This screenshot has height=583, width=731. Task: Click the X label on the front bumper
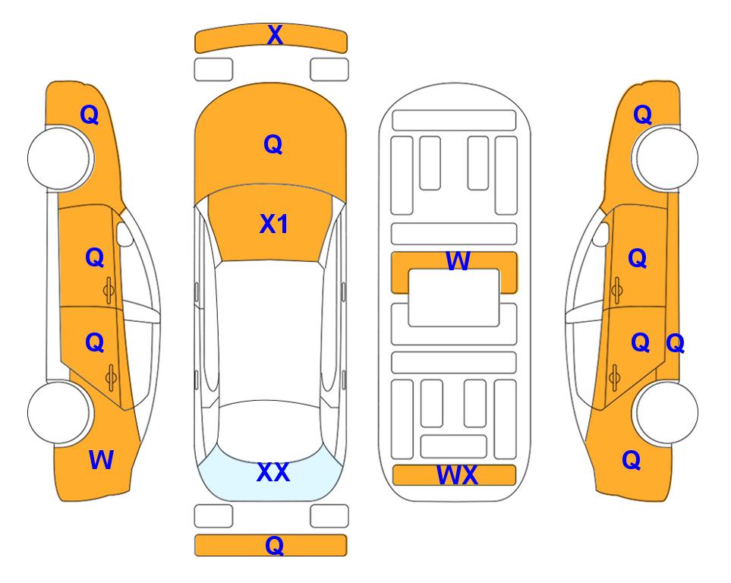(275, 35)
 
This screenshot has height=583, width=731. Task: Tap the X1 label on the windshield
(274, 224)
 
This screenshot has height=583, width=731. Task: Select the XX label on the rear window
(273, 472)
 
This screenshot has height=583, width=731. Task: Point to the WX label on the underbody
(457, 475)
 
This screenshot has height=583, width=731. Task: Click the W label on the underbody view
(458, 260)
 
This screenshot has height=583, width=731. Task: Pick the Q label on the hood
(273, 144)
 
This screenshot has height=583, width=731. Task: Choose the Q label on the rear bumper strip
(275, 545)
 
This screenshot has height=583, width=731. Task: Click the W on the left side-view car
(101, 460)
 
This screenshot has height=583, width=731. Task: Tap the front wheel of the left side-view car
(59, 158)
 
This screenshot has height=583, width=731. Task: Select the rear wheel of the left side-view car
(59, 412)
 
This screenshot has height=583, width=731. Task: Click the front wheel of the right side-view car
(666, 158)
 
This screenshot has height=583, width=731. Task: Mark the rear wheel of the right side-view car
(666, 412)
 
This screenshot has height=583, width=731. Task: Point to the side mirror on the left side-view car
(124, 234)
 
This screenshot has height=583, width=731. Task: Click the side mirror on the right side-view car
(601, 234)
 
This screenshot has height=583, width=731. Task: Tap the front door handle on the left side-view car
(109, 291)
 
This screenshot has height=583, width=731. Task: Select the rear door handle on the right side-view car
(615, 377)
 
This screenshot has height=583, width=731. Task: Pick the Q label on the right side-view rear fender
(632, 460)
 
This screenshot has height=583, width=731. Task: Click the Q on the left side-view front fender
(90, 115)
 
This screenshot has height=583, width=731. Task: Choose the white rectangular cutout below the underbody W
(454, 298)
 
